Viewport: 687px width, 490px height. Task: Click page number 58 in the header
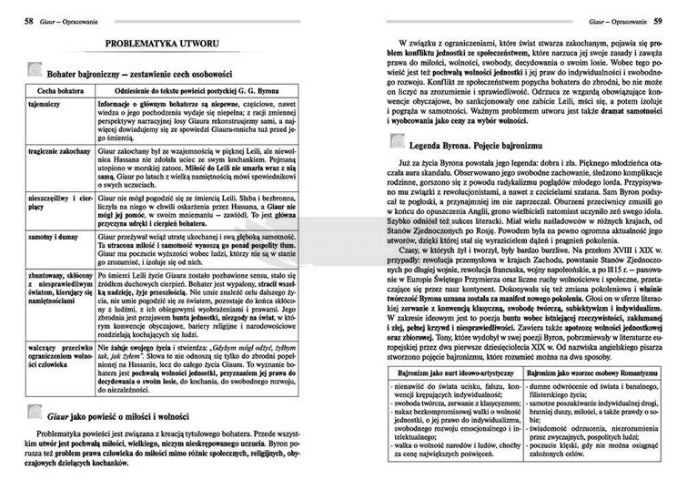29,19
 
